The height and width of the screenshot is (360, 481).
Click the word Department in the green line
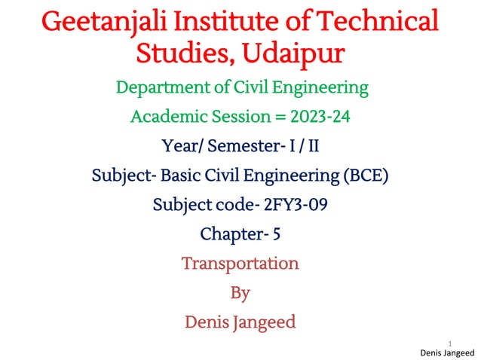click(159, 88)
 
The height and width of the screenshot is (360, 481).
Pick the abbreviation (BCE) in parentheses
click(366, 177)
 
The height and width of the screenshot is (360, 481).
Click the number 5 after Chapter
click(277, 234)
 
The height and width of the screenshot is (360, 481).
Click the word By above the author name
click(240, 292)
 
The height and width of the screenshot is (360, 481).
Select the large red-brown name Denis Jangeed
click(240, 322)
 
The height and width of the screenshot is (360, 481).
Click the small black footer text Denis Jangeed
click(446, 352)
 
